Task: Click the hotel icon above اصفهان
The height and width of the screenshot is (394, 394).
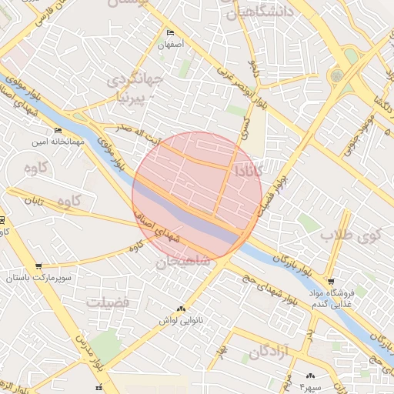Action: pos(170,33)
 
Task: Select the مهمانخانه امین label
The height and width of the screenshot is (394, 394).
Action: pos(51,142)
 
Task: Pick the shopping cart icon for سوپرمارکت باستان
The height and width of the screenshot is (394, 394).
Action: pos(38,265)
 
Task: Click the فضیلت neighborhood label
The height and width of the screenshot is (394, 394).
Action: pos(109,302)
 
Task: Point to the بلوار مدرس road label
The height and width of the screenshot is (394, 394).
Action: pos(85,355)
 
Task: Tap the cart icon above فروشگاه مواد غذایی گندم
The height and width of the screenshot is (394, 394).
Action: pos(331,282)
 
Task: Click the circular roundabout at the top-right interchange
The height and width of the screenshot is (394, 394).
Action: pos(336,76)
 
